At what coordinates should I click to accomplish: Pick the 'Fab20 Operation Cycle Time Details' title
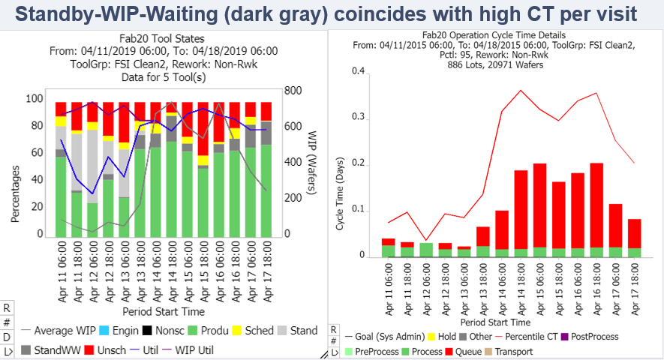coord(494,34)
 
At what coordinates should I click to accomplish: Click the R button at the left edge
coord(7,307)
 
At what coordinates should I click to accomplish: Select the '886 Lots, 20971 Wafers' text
coord(494,64)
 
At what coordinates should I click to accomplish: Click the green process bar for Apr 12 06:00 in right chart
coord(426,250)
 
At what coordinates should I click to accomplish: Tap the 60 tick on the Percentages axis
coord(35,153)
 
